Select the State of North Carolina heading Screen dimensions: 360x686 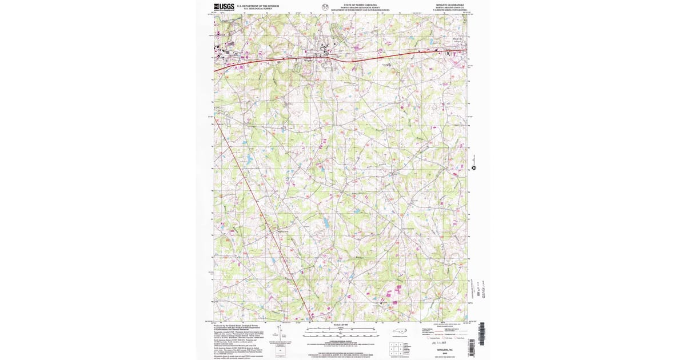click(356, 5)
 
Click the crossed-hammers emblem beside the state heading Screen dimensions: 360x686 click(325, 7)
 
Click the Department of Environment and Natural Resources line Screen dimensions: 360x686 click(360, 10)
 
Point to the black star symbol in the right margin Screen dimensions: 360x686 click(473, 168)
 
